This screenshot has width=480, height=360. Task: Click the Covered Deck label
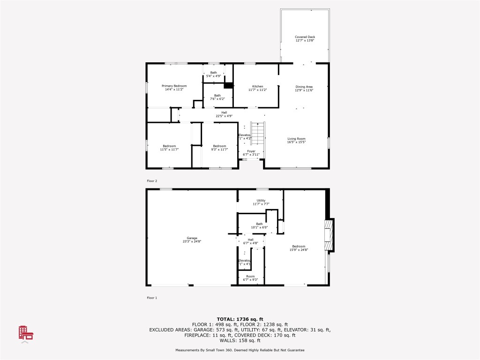click(x=305, y=38)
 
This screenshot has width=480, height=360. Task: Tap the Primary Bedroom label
click(x=174, y=88)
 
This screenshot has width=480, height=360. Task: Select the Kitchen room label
click(x=258, y=88)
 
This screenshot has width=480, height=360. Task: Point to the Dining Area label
click(x=304, y=88)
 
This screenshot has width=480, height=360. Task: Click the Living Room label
click(x=296, y=140)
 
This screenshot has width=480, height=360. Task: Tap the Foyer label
click(x=251, y=153)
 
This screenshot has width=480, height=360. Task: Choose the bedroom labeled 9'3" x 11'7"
click(x=219, y=147)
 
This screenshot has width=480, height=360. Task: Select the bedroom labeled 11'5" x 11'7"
click(x=168, y=147)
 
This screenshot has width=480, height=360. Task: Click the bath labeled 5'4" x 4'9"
click(x=214, y=74)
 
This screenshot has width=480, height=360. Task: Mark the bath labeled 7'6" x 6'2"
click(x=217, y=97)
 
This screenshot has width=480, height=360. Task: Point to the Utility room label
click(x=261, y=202)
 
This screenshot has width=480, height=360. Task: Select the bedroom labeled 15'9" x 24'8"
click(x=299, y=248)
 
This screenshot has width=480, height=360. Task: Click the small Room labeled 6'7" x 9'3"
click(x=251, y=278)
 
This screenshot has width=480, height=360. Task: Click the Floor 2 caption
click(x=152, y=180)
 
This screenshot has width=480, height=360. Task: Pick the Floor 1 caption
click(x=152, y=297)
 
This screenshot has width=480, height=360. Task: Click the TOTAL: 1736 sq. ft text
click(x=240, y=319)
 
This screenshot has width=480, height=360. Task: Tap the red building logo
click(x=25, y=333)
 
